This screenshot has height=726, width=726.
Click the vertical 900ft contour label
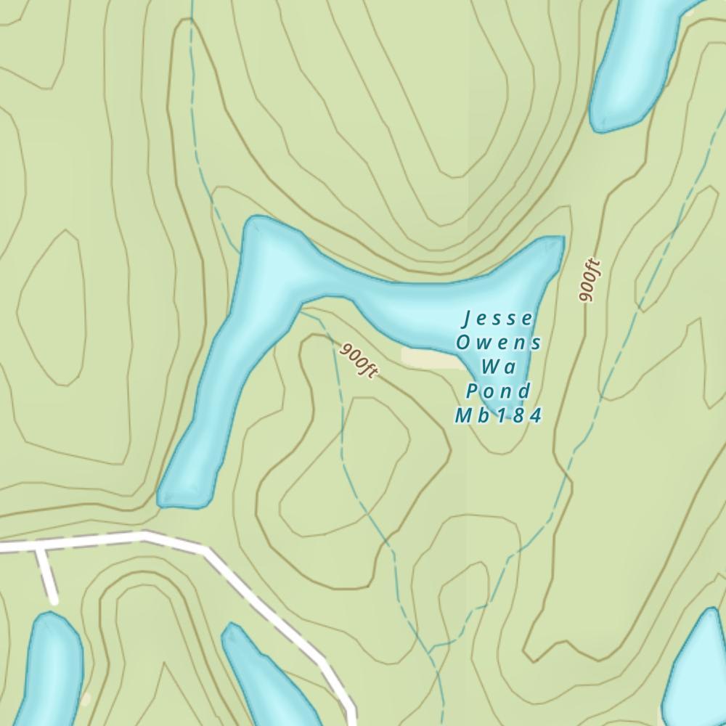click(590, 280)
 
